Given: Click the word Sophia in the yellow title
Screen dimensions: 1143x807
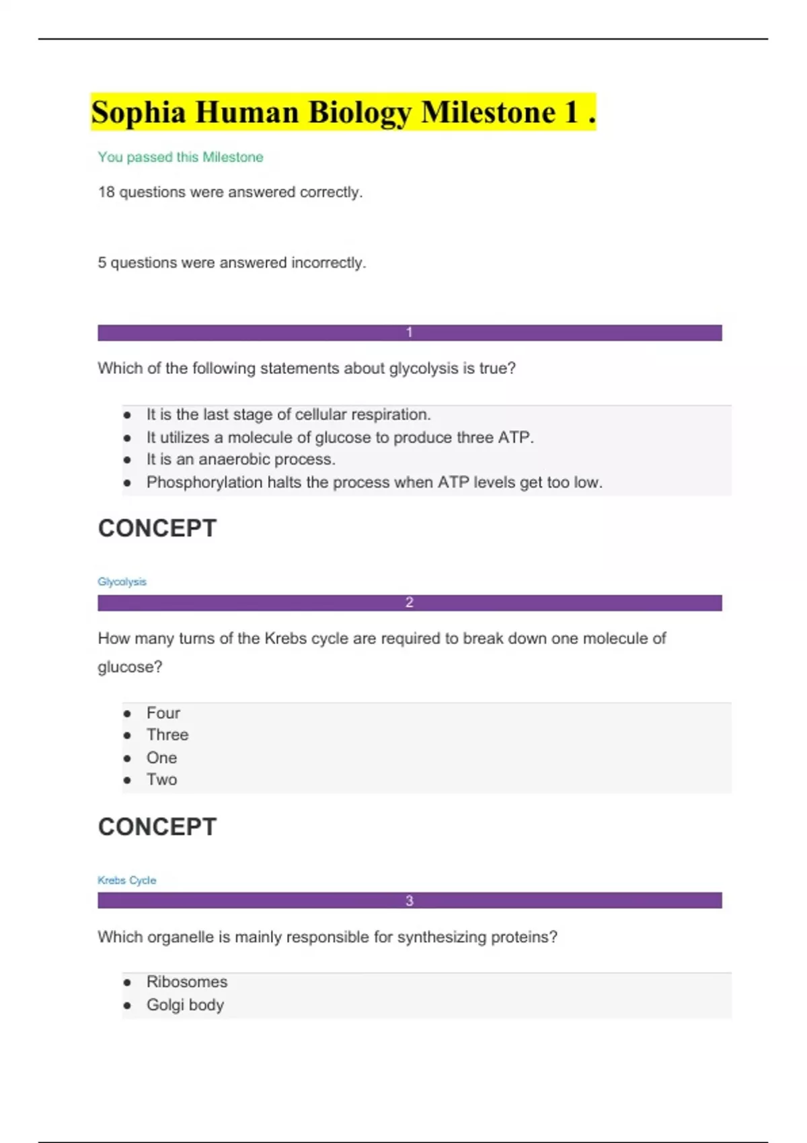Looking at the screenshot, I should coord(139,113).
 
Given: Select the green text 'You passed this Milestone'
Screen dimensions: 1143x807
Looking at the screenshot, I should coord(180,157).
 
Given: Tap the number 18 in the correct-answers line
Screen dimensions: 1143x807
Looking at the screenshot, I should coord(106,192).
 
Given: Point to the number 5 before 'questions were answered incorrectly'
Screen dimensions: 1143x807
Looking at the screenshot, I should coord(102,263).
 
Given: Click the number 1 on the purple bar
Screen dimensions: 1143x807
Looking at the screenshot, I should coord(409,333).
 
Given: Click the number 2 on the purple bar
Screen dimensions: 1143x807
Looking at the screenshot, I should coord(409,603).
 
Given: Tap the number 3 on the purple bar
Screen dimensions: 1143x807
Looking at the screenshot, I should coord(409,901).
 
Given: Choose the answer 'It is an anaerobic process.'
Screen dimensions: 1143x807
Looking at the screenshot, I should coord(241,460).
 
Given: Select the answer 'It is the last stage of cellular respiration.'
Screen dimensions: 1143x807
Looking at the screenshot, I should coord(289,415).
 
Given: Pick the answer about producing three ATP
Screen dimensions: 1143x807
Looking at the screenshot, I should coord(340,438).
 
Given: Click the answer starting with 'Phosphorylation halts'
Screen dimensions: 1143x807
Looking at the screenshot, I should coord(374,483).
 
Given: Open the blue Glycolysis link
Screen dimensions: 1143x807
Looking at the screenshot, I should coord(122,582).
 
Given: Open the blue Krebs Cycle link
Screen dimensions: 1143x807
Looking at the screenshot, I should coord(126,881).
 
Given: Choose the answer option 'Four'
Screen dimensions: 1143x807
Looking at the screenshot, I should coord(163,713).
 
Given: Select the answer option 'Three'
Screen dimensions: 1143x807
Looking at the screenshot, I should coord(167,735).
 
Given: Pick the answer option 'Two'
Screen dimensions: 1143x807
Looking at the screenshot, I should coord(162,780).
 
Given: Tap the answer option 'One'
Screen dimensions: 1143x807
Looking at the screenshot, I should coord(162,758).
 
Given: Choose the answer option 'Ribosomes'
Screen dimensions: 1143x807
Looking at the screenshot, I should coord(187,982).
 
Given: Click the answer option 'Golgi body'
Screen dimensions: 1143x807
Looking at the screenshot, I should coord(185,1005).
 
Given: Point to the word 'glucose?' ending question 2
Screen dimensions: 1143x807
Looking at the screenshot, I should coord(130,667).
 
